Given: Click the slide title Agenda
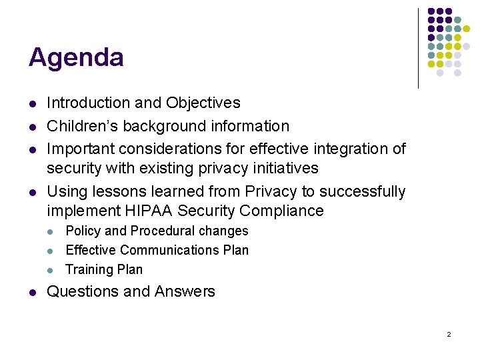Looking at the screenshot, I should [x=76, y=58].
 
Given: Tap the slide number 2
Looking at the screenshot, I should [x=449, y=334].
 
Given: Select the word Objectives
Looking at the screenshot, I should [x=203, y=103].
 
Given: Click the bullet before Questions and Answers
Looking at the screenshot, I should [x=32, y=292].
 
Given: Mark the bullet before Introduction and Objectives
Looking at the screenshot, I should [x=32, y=104].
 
